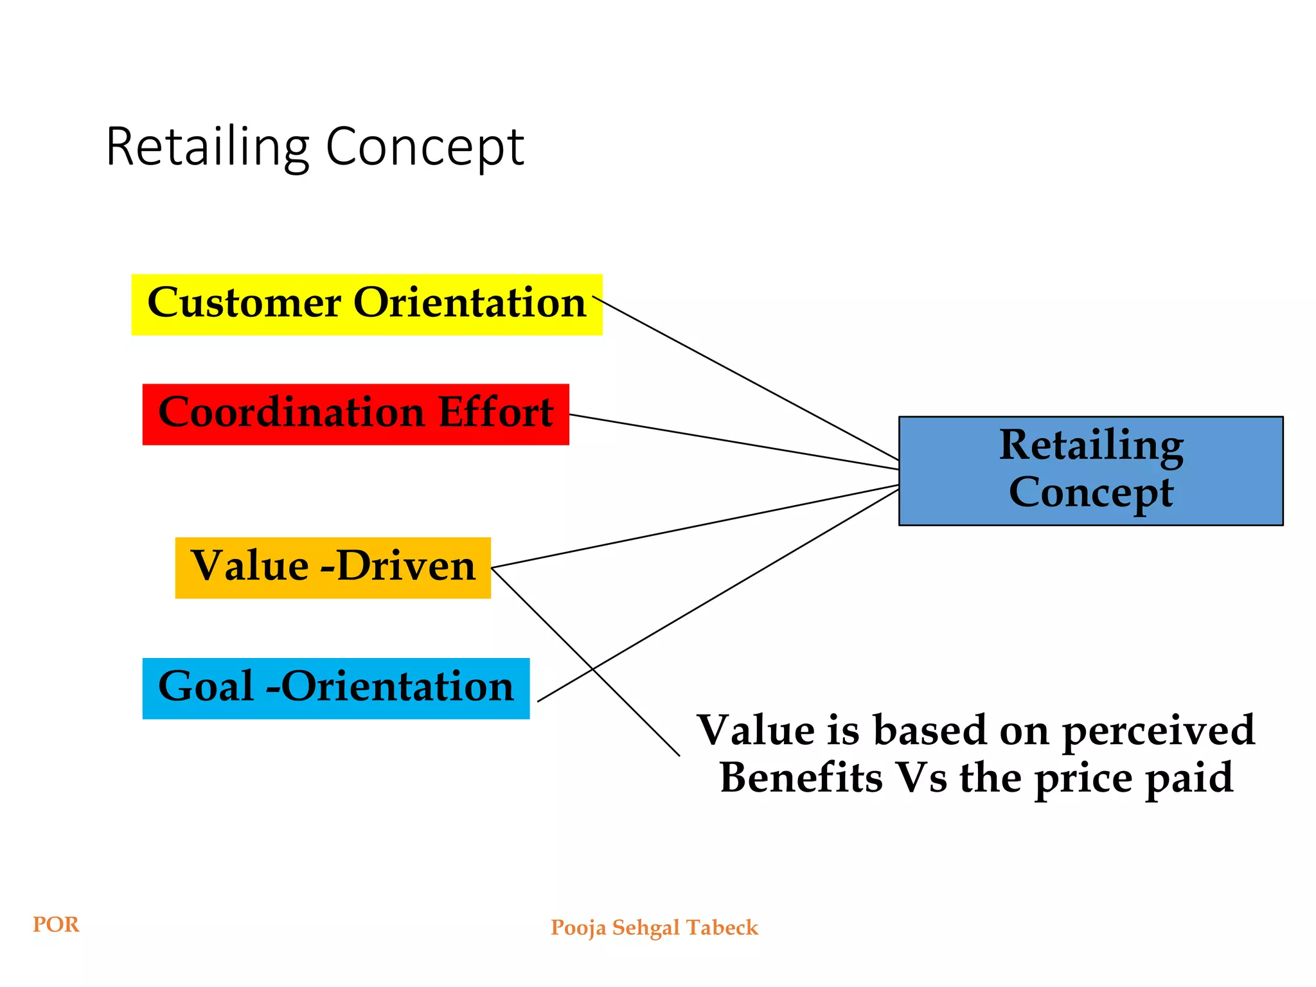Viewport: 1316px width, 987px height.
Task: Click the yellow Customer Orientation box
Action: [x=367, y=305]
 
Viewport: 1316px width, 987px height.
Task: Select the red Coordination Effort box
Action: [x=355, y=414]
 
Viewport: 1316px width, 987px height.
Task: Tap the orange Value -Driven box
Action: [x=333, y=568]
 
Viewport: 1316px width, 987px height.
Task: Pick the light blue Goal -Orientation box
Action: [x=335, y=688]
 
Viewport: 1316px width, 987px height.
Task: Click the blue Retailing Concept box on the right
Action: [x=1090, y=471]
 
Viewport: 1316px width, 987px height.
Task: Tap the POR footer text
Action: [x=56, y=925]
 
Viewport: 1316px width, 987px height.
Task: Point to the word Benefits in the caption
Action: [x=801, y=778]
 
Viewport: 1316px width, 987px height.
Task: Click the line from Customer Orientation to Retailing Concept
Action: [x=745, y=378]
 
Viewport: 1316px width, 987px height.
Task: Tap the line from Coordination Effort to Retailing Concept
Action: [x=733, y=442]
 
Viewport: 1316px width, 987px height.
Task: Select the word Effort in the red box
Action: [x=495, y=412]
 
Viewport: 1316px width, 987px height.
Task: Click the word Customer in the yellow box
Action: [x=244, y=303]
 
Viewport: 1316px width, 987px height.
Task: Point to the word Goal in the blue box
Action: [x=206, y=686]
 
